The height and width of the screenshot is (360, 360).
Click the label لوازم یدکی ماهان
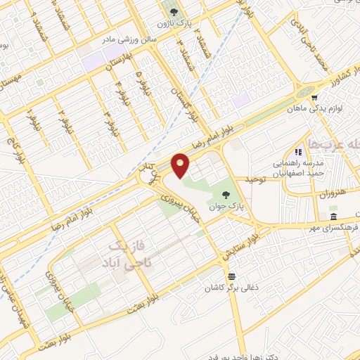pyautogui.click(x=317, y=109)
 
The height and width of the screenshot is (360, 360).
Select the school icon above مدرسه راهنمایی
pyautogui.click(x=299, y=150)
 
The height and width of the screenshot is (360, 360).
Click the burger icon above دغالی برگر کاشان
pyautogui.click(x=231, y=275)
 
